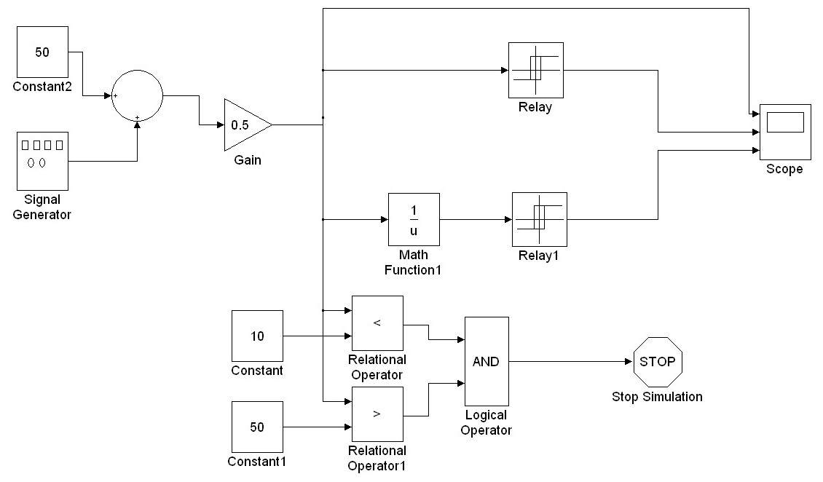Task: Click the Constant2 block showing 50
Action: tap(42, 52)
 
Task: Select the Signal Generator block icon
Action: tap(42, 159)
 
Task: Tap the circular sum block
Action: tap(137, 95)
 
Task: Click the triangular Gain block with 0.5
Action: tap(244, 125)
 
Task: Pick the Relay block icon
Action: tap(536, 70)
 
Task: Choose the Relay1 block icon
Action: tap(540, 219)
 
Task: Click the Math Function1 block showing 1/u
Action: tap(414, 219)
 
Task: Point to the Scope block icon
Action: tap(785, 132)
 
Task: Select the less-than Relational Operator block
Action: tap(377, 323)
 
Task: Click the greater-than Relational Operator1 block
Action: tap(377, 414)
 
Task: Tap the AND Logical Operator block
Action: tap(487, 361)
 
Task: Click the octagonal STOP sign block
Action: tap(658, 361)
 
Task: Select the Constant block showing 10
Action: tap(257, 336)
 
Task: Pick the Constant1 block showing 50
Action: tap(257, 427)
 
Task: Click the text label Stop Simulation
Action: tap(657, 397)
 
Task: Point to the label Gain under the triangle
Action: tap(248, 159)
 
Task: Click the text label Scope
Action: tap(784, 169)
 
